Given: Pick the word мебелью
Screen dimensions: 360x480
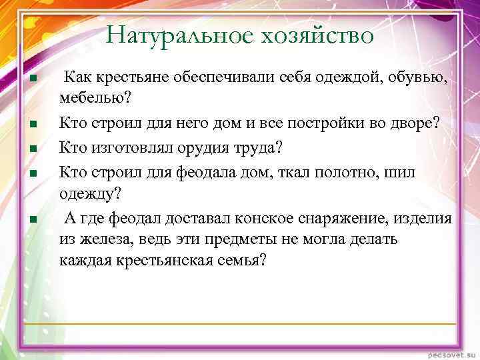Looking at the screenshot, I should click(95, 98).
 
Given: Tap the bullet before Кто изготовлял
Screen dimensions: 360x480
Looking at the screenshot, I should click(32, 148).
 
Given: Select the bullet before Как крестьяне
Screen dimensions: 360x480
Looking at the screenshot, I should click(32, 80).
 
